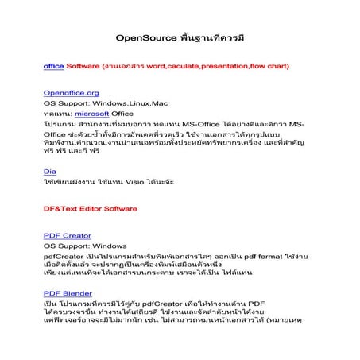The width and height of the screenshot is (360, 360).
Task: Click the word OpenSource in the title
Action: pyautogui.click(x=144, y=37)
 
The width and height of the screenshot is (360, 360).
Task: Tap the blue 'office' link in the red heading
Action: pyautogui.click(x=54, y=67)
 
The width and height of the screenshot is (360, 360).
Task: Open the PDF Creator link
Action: pyautogui.click(x=68, y=235)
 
